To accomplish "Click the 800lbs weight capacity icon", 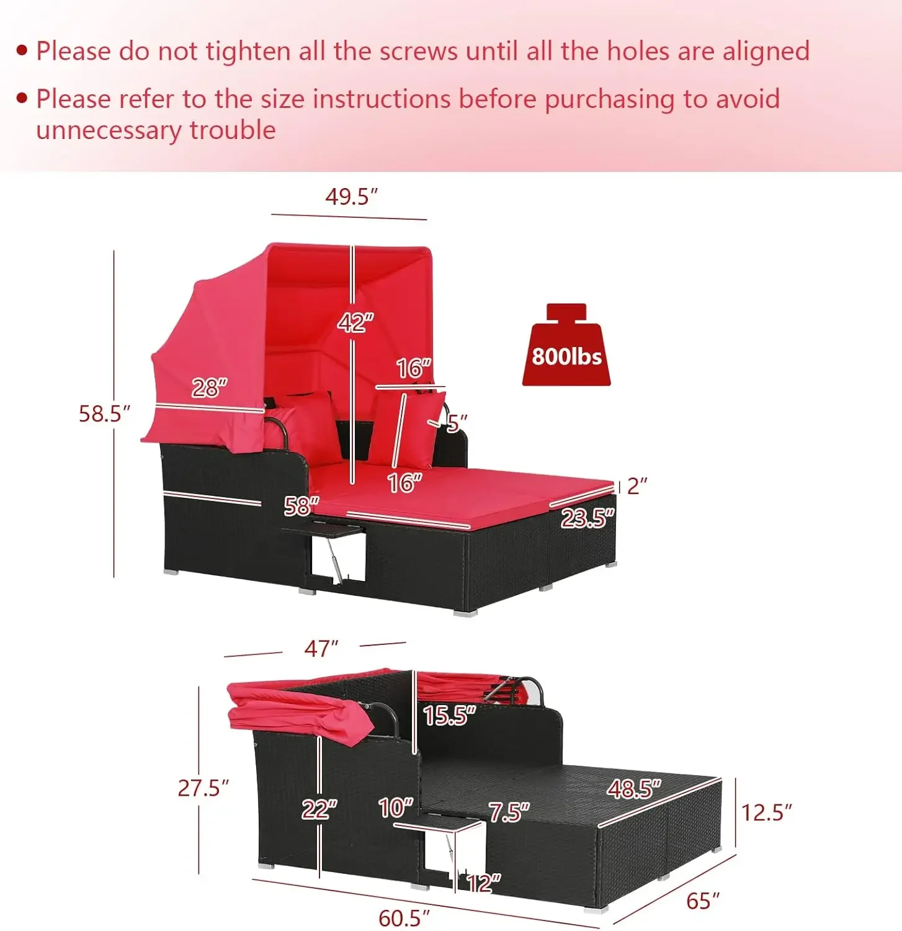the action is click(x=566, y=345).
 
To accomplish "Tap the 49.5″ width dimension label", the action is click(x=352, y=196).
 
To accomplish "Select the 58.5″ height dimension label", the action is click(x=105, y=413).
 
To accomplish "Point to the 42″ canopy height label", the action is click(x=355, y=322).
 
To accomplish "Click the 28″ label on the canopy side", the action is click(x=209, y=388).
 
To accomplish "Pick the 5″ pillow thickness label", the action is click(x=457, y=423).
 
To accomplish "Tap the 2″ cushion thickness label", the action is click(x=637, y=486).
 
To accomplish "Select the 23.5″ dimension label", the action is click(x=587, y=517).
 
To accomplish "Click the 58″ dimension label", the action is click(x=301, y=506).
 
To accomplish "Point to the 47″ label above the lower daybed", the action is click(x=321, y=649).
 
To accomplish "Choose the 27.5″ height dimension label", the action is click(x=203, y=788).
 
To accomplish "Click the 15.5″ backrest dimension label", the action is click(x=449, y=715).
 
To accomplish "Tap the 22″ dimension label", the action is click(x=319, y=809).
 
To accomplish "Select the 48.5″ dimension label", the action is click(x=634, y=788).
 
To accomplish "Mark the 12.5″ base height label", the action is click(x=767, y=812).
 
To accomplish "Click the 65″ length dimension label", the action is click(x=703, y=901).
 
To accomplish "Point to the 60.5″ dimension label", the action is click(x=404, y=918).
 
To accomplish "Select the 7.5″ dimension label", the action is click(x=509, y=812).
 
